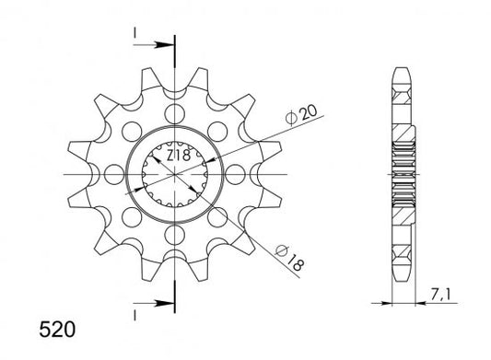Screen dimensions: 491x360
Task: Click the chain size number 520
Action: (57, 330)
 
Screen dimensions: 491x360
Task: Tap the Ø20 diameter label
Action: (301, 115)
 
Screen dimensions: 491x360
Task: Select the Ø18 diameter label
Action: (289, 258)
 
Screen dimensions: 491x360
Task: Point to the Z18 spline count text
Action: (178, 156)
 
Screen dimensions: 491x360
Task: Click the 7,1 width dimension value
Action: (439, 295)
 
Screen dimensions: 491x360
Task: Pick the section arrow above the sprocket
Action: (154, 45)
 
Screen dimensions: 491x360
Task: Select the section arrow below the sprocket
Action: (154, 303)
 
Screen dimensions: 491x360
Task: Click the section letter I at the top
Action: (134, 33)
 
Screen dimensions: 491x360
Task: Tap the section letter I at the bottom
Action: (134, 315)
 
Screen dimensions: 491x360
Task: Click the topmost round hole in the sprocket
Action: (175, 114)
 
